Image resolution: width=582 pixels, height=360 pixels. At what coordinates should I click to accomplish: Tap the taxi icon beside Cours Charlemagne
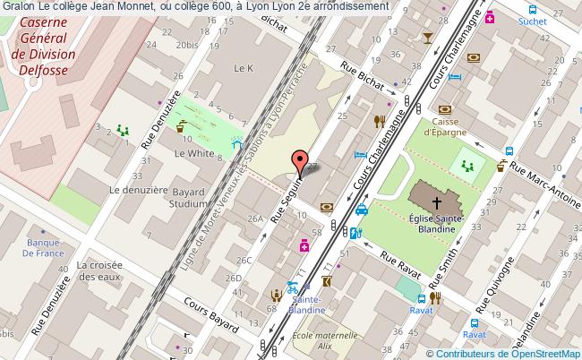pyautogui.click(x=362, y=210)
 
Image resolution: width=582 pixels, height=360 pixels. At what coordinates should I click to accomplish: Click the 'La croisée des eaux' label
pyautogui.click(x=99, y=271)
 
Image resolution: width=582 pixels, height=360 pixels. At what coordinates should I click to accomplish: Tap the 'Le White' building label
pyautogui.click(x=193, y=153)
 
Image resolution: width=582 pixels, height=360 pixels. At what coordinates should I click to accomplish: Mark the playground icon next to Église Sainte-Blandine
pyautogui.click(x=466, y=164)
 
